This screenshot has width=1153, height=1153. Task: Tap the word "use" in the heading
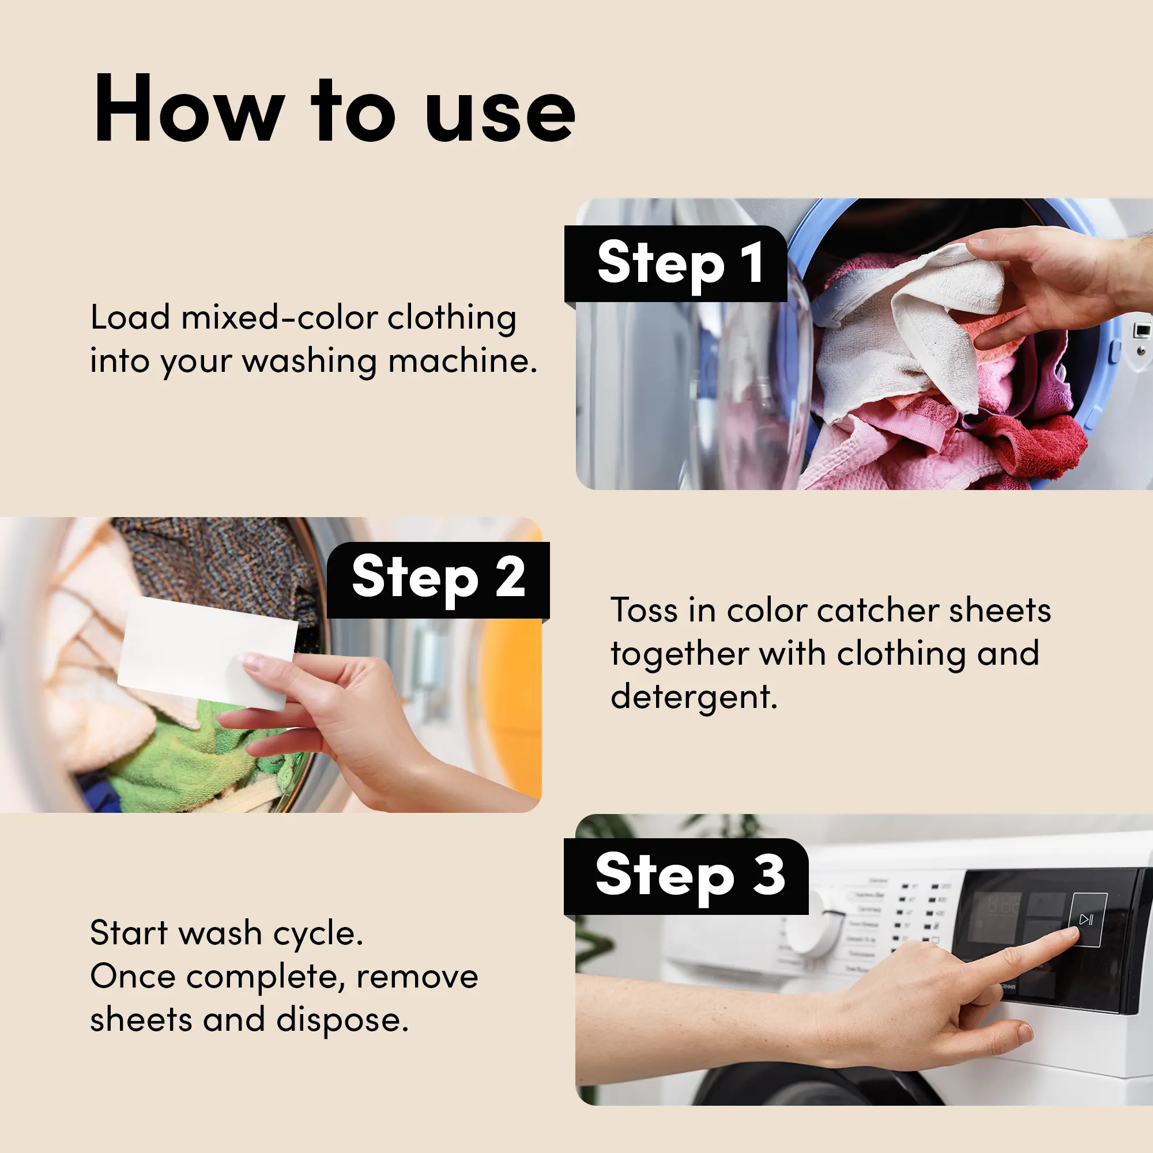click(501, 114)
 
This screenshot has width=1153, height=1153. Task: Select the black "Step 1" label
click(676, 264)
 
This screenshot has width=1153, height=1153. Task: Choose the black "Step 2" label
click(439, 580)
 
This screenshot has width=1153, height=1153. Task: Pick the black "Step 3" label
click(686, 877)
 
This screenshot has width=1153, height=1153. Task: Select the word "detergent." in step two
click(694, 698)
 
